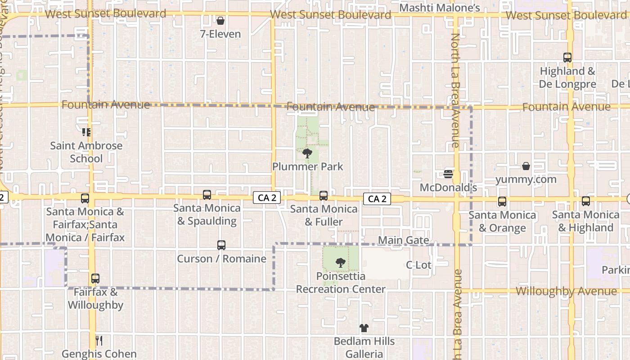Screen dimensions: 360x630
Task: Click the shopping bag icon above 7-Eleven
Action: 220,21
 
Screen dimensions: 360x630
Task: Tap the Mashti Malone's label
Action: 440,8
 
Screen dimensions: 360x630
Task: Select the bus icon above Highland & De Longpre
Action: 567,58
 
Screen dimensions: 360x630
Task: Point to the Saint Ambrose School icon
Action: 86,132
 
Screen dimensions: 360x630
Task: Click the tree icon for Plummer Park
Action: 307,153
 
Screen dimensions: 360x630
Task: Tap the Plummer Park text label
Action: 307,166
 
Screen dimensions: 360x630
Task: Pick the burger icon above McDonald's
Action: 448,174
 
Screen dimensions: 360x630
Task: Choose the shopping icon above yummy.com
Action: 526,166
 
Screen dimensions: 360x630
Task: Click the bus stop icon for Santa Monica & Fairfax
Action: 85,198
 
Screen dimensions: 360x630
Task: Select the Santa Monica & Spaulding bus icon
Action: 207,195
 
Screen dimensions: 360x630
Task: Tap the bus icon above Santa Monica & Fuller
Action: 323,196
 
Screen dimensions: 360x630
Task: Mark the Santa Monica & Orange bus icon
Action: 502,202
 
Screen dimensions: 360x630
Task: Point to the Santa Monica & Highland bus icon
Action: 585,201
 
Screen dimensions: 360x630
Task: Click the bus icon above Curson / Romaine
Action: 221,245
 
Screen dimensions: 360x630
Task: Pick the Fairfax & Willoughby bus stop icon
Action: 95,279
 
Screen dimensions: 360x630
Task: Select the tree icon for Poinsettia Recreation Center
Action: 341,262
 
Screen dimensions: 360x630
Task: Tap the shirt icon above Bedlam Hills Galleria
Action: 364,328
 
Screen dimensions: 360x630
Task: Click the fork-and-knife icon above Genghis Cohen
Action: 99,341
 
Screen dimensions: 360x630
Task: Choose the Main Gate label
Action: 403,240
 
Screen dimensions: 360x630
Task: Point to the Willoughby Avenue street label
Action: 566,291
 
